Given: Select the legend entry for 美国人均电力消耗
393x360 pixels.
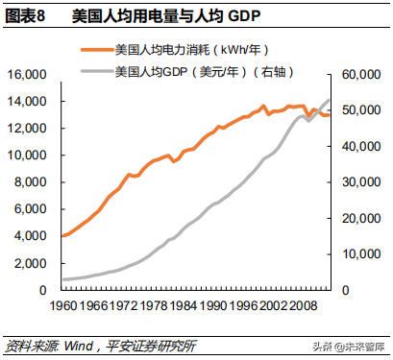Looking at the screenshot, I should coord(184,48).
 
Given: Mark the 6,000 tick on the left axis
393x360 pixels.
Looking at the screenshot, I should coord(31,209).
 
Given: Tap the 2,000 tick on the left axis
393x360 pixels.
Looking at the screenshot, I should coord(31,263).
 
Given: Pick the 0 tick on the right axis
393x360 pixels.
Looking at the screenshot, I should coord(349,290).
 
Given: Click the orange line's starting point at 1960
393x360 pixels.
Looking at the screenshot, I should coord(61,235).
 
